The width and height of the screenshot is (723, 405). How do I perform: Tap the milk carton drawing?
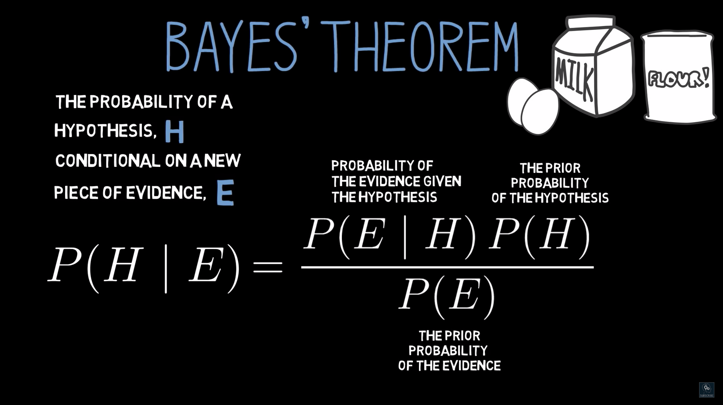pos(592,66)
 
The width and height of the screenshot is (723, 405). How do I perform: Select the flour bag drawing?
pos(679,76)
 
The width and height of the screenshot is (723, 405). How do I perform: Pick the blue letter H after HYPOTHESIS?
pos(175,132)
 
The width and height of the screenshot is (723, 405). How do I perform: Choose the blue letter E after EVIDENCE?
pos(225,193)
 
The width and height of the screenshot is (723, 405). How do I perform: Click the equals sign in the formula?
pos(268,266)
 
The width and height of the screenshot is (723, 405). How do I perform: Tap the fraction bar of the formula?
pos(447,267)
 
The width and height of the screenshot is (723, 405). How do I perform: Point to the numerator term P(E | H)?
pos(390,235)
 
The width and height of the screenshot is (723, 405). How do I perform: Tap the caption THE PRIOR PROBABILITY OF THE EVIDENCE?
pos(449,351)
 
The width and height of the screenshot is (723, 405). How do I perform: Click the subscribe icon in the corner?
pos(707,390)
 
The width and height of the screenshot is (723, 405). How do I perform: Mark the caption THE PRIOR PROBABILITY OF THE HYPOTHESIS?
pos(550,183)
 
